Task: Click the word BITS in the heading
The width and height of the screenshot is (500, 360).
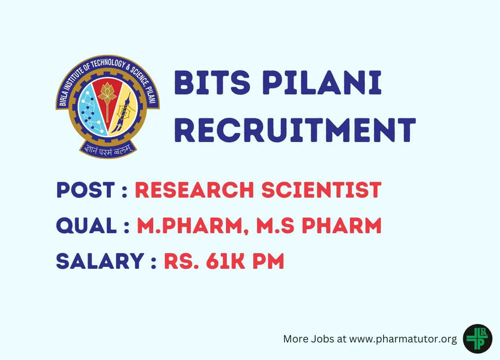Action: (212, 82)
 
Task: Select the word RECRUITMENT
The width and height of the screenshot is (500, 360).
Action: (295, 130)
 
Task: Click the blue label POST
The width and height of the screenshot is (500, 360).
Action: (86, 190)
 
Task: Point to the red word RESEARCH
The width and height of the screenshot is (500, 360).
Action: (194, 190)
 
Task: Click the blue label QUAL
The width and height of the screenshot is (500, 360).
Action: (87, 226)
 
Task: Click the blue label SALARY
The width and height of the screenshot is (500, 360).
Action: (100, 261)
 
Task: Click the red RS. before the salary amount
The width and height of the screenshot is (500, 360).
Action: (182, 261)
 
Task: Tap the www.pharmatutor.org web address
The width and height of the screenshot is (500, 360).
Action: (403, 339)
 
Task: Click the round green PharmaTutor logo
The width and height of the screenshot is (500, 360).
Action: (478, 339)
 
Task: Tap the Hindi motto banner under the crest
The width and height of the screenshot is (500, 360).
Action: (108, 150)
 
